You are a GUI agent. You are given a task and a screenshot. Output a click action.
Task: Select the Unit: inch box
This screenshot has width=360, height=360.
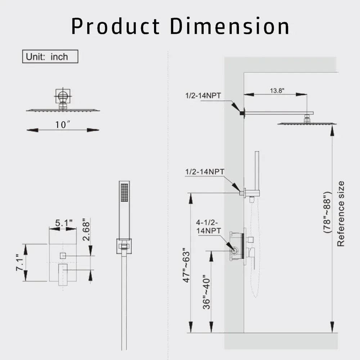point(50,57)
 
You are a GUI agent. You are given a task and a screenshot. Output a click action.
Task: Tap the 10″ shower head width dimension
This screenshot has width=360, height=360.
point(62,125)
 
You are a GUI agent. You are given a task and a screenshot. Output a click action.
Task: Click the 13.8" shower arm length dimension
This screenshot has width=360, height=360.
point(277,90)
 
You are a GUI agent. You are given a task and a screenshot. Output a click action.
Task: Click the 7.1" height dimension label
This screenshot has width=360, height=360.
point(20,262)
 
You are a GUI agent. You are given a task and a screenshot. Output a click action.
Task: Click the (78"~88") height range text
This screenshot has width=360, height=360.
point(327,213)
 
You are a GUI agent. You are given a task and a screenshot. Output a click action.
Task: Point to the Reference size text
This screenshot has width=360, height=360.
point(341,213)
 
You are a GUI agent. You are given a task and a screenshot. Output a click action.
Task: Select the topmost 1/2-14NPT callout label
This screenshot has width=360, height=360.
point(203,95)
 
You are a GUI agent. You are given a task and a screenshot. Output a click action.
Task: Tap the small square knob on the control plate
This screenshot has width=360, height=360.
point(62,255)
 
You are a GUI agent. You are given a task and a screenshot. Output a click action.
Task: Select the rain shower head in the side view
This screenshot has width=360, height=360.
point(306,123)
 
